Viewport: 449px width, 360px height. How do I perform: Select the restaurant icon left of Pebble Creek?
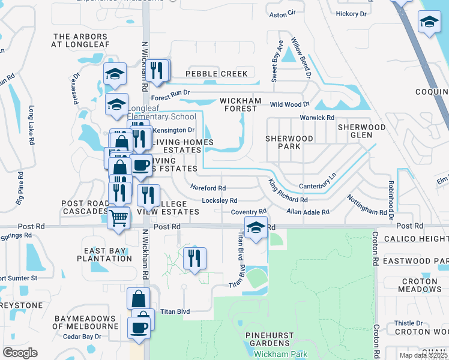[157, 71]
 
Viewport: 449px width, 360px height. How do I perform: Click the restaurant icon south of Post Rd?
[194, 259]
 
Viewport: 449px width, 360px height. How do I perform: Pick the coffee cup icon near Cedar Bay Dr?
[139, 328]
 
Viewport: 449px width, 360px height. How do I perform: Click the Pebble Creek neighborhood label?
[216, 74]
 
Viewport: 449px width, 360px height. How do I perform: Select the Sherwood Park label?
[289, 142]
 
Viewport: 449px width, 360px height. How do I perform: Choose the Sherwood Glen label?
[361, 131]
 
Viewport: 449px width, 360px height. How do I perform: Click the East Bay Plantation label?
[104, 254]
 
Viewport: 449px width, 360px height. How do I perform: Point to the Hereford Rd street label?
[208, 188]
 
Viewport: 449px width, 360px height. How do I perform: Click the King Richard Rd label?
[288, 192]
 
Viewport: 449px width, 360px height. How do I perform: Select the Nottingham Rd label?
[367, 205]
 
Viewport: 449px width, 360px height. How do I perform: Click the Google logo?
[20, 353]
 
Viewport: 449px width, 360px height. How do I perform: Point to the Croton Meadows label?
[420, 285]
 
